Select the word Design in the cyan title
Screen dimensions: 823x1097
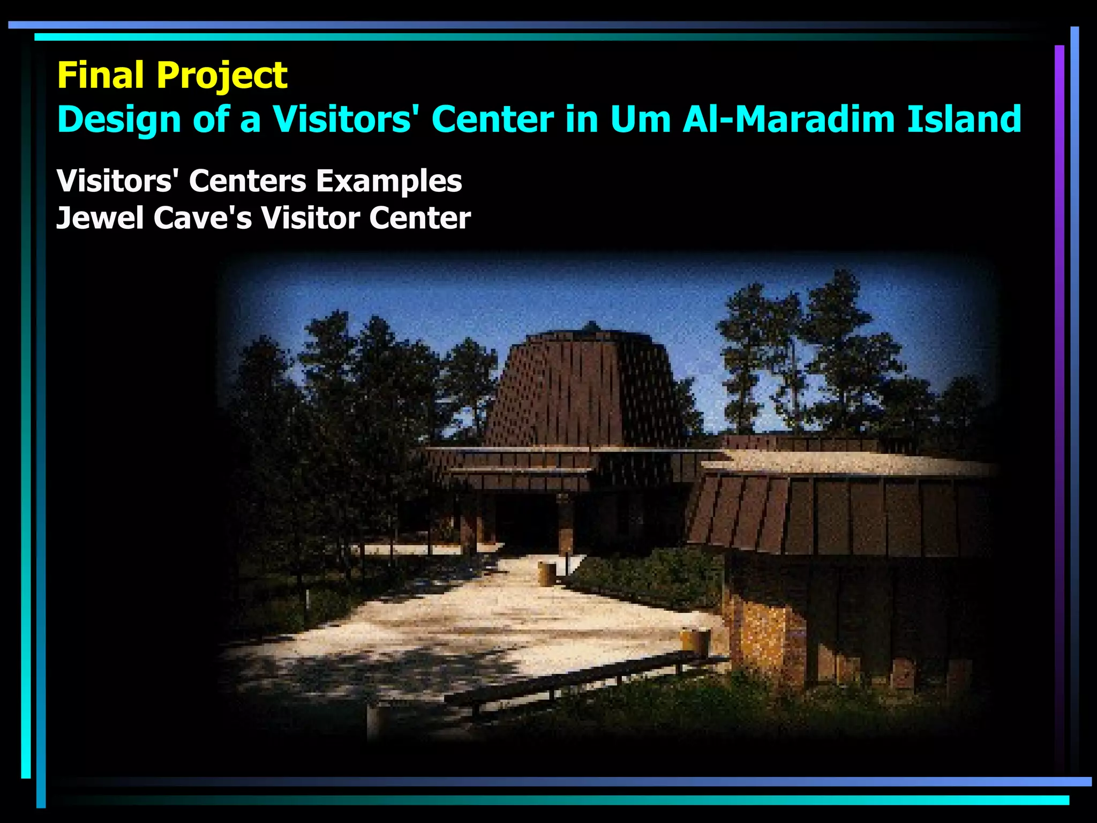[119, 119]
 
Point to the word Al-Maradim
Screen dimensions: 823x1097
[789, 119]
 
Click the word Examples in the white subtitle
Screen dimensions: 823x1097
[388, 181]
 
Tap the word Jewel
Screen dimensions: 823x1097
[100, 218]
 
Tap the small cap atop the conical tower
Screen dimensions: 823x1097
[591, 326]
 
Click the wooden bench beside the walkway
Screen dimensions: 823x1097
[584, 680]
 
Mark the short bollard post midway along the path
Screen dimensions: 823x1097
[546, 573]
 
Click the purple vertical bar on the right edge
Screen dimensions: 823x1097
[1059, 375]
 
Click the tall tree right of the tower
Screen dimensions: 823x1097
[836, 348]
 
